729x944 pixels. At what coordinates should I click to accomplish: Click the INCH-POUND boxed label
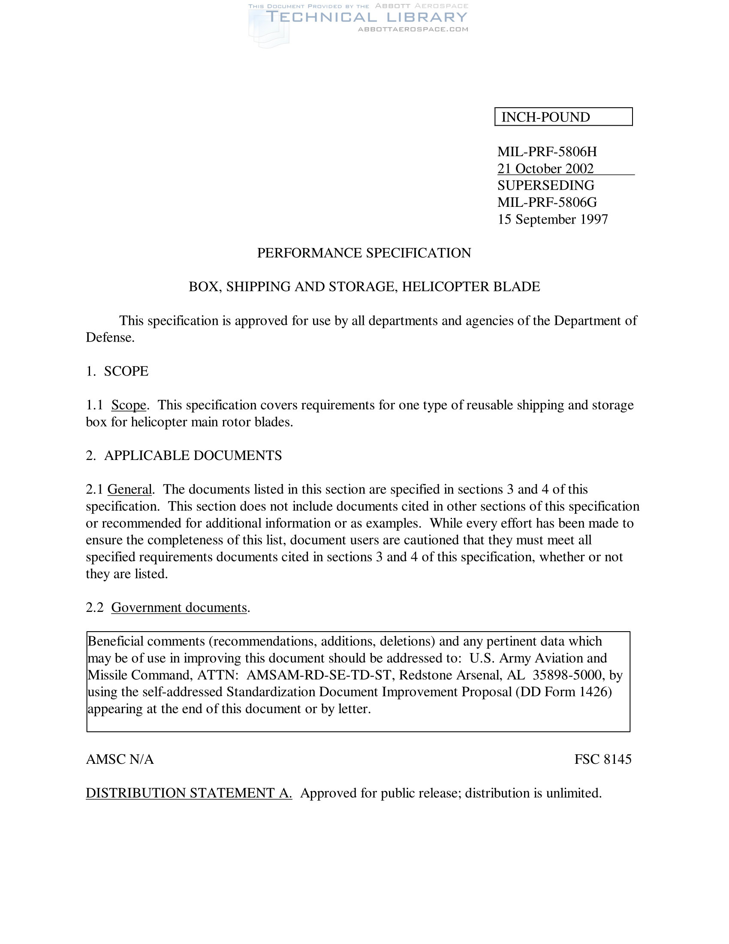(x=545, y=117)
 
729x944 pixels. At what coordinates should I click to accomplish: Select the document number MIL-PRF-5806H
(x=547, y=152)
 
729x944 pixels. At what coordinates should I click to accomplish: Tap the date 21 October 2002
(x=545, y=169)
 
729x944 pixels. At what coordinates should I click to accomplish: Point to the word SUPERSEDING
(x=545, y=185)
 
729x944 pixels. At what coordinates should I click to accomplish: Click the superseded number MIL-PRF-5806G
(x=547, y=202)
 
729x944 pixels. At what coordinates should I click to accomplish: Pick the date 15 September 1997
(x=552, y=219)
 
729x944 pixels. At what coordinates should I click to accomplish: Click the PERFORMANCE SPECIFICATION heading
(x=364, y=253)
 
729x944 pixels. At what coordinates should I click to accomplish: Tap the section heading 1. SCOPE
(x=117, y=371)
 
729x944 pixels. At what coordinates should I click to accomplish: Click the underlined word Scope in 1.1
(x=129, y=405)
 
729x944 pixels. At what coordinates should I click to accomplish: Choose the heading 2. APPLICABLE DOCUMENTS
(x=184, y=456)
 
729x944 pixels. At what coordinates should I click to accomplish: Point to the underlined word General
(x=130, y=489)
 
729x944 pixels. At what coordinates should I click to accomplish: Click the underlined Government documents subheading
(x=179, y=607)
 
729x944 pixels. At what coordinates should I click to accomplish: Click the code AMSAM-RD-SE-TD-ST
(x=320, y=675)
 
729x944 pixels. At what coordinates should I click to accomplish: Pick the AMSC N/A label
(x=120, y=759)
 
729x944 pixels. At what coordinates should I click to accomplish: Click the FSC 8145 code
(x=602, y=759)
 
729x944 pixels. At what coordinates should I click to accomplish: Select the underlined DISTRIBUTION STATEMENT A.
(x=189, y=793)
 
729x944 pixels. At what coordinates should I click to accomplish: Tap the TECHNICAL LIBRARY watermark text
(x=366, y=17)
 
